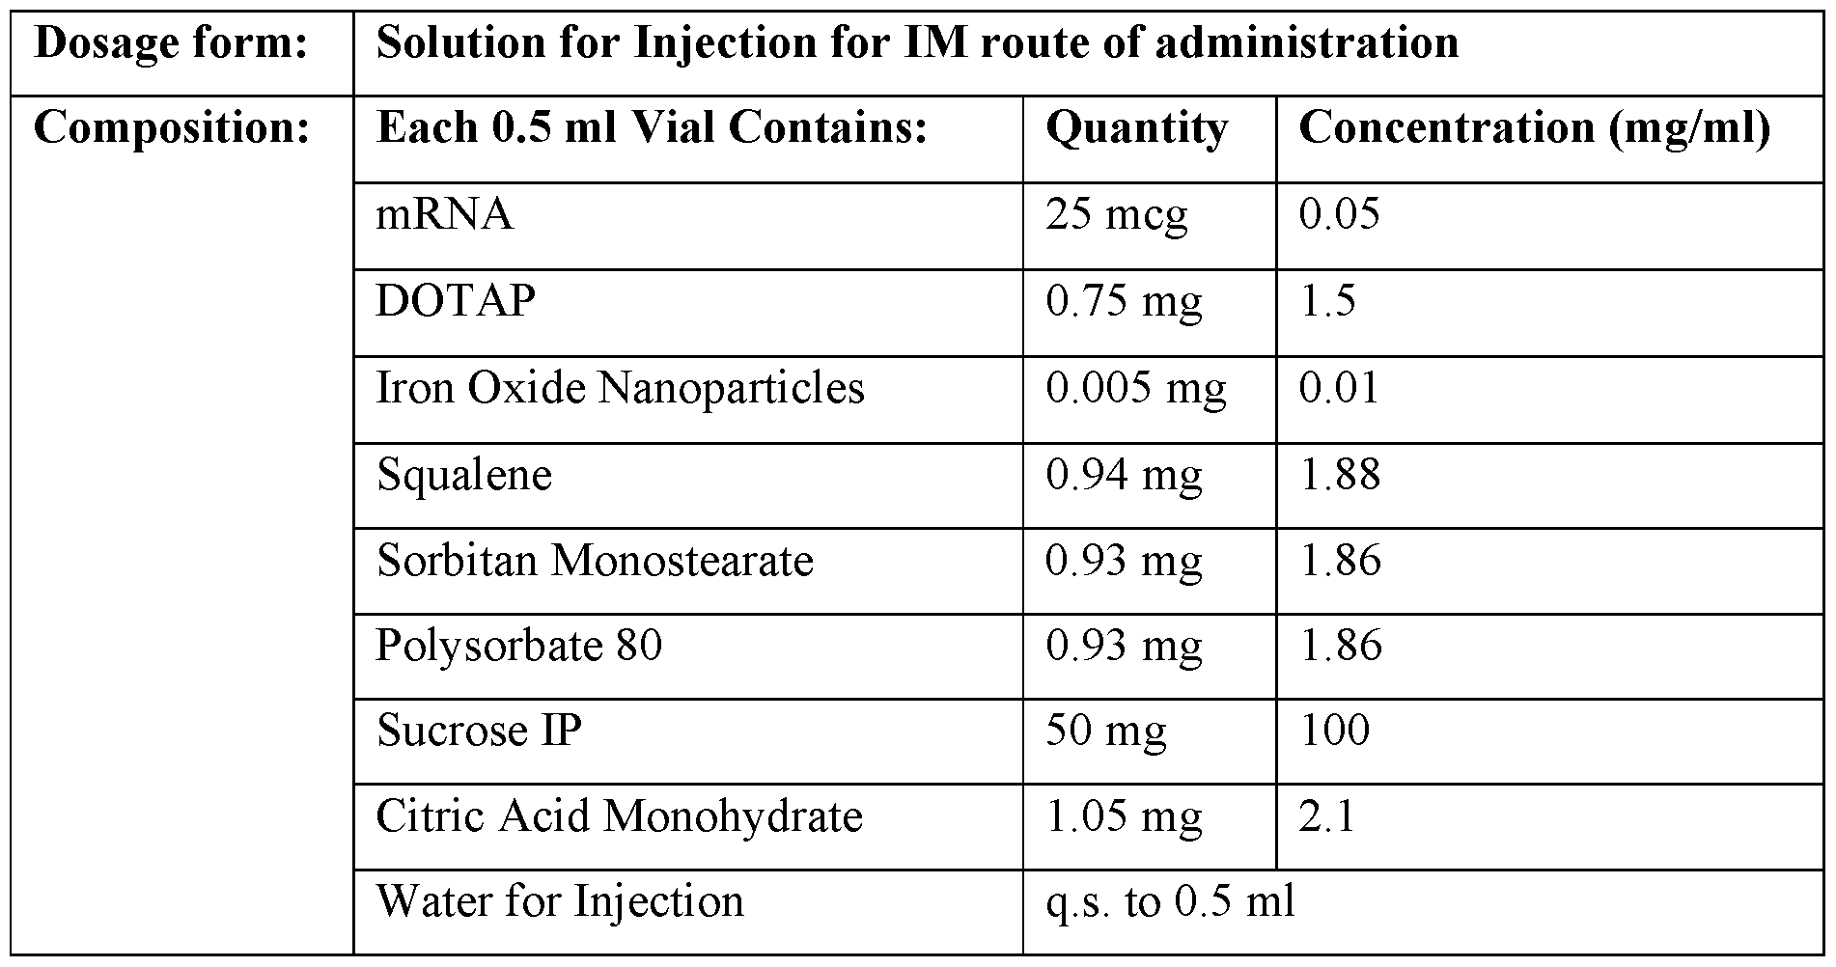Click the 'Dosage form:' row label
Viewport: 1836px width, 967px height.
pos(171,44)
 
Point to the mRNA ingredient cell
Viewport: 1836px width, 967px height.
pos(444,214)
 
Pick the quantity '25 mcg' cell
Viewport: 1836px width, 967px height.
pos(1116,214)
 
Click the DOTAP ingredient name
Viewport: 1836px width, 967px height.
pos(455,301)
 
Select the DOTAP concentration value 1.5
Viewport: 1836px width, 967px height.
pos(1327,301)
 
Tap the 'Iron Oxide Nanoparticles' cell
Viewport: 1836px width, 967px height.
pos(620,388)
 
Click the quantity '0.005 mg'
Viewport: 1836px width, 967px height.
pos(1135,388)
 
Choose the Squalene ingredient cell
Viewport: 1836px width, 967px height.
pos(463,475)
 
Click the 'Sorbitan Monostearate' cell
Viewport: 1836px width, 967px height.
pos(595,561)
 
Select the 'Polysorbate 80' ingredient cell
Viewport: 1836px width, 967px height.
pos(518,646)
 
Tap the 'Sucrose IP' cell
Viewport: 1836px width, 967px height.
pos(479,731)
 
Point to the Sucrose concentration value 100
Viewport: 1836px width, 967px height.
pos(1334,731)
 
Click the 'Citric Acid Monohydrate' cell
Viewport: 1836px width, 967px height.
pos(619,816)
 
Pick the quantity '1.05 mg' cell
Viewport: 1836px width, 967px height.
pos(1124,816)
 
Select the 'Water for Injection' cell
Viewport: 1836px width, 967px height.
pos(560,901)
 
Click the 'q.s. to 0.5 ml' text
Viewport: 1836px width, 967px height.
pos(1170,901)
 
